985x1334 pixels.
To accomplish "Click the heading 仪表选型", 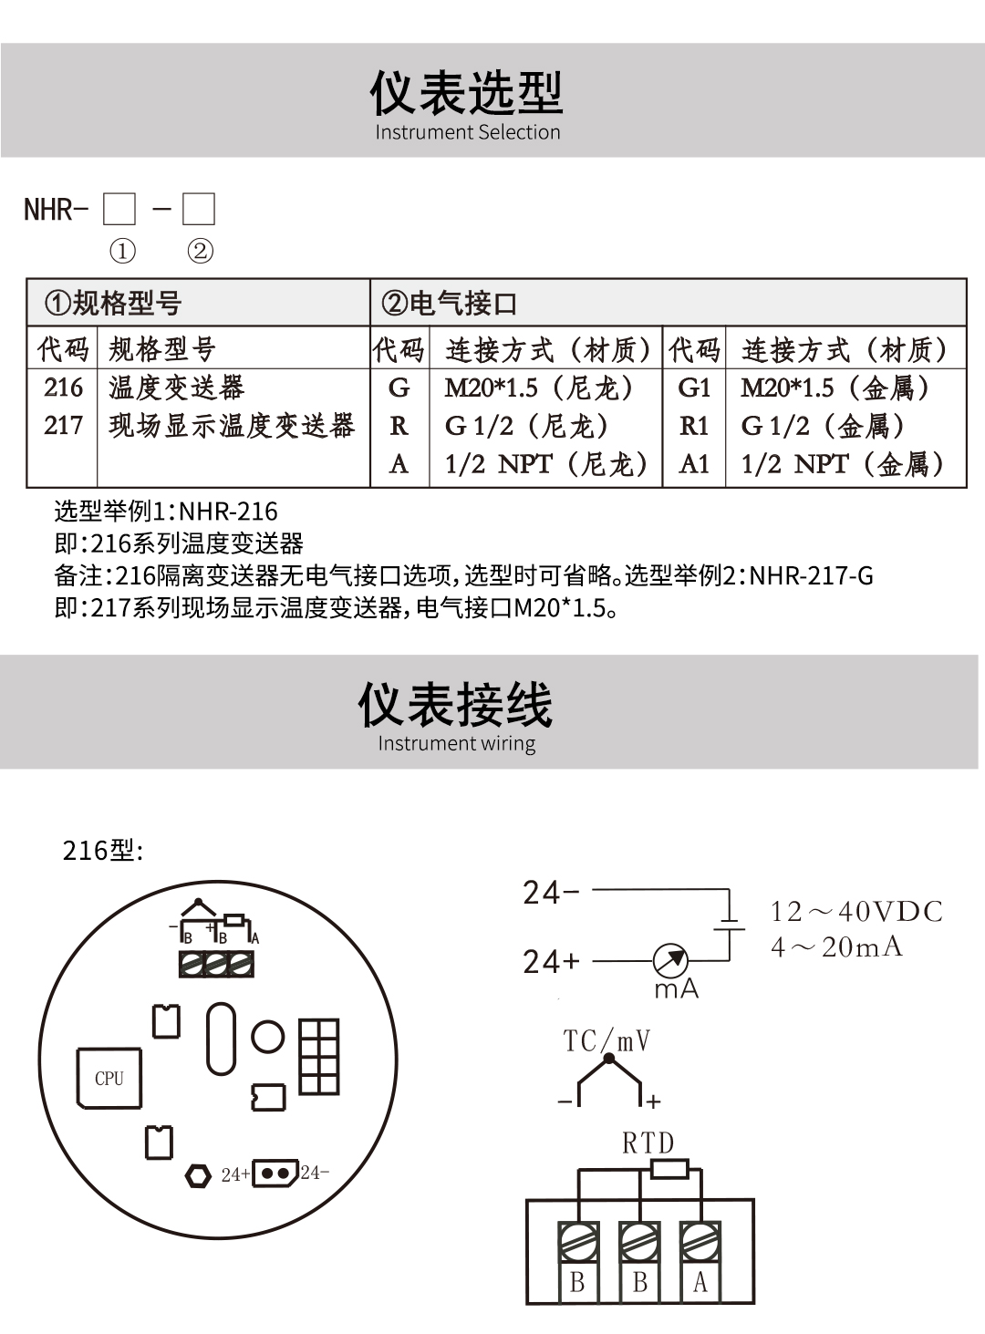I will click(x=466, y=93).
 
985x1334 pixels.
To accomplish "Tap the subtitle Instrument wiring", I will click(x=456, y=743).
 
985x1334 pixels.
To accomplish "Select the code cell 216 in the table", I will click(x=63, y=388).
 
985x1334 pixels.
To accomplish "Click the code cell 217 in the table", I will click(x=63, y=426).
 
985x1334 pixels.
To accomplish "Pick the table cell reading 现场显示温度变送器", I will click(x=232, y=426).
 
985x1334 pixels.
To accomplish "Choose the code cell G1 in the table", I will click(x=694, y=388).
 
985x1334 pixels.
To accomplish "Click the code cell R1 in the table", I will click(x=694, y=426).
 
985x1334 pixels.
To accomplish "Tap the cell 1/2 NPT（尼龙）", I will click(x=545, y=464).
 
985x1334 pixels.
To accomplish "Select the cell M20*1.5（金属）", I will click(x=835, y=388).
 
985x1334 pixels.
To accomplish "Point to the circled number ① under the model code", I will click(x=121, y=251).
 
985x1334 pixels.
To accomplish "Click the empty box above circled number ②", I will click(x=199, y=209).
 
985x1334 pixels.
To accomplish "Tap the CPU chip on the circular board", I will click(x=109, y=1078).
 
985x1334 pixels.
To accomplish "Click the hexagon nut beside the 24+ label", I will click(x=198, y=1175).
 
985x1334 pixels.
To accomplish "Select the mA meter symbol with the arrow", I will click(x=671, y=960).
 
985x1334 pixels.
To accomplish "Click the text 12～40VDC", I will click(x=856, y=912).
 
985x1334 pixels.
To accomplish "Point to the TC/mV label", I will click(x=607, y=1040).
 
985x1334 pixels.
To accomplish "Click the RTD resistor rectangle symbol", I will click(x=669, y=1169).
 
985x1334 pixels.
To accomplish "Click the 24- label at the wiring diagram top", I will click(x=551, y=892).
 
